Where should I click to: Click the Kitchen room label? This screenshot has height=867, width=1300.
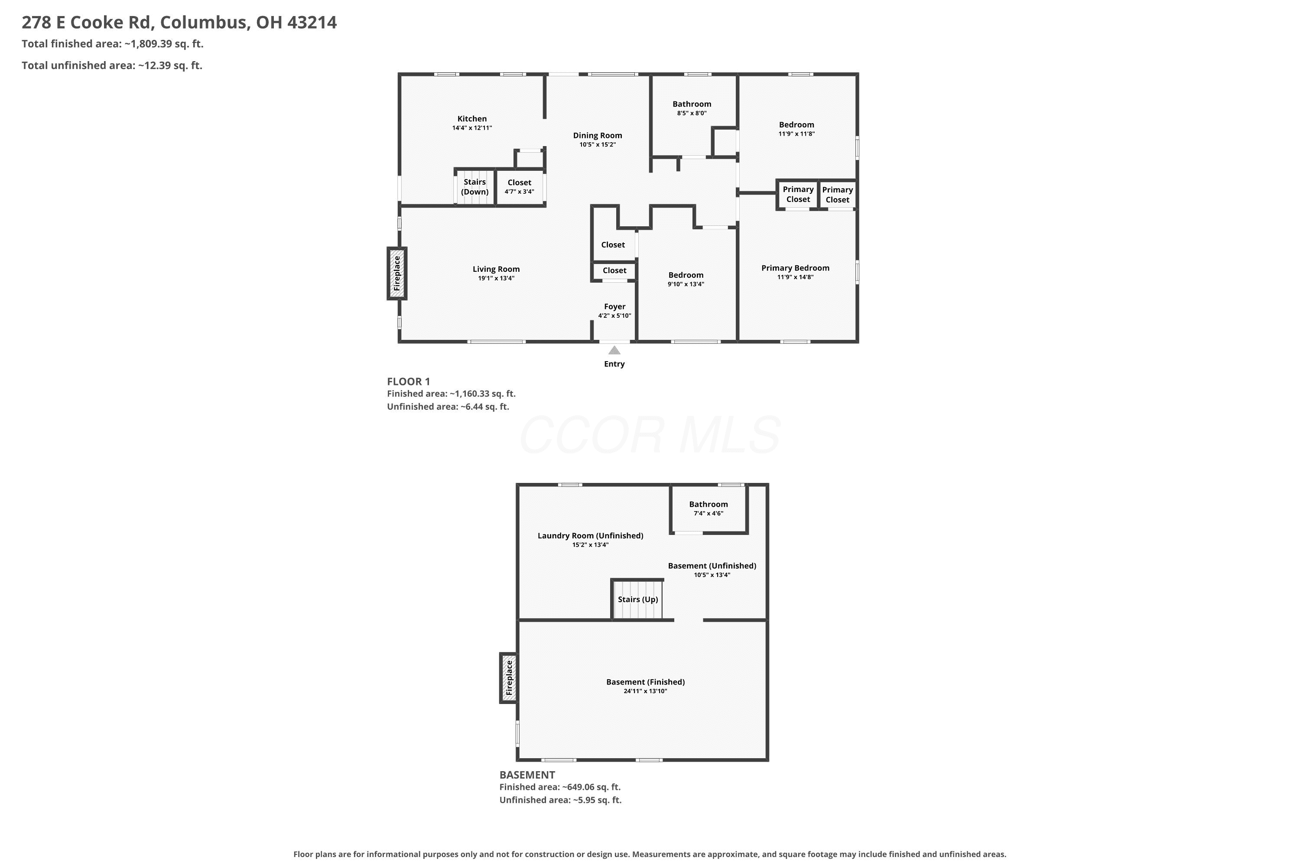pyautogui.click(x=472, y=119)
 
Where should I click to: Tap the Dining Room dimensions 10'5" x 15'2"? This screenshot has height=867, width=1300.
pyautogui.click(x=598, y=145)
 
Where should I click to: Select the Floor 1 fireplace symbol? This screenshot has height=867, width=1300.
pyautogui.click(x=397, y=274)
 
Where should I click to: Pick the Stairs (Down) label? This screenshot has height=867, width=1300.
pyautogui.click(x=475, y=187)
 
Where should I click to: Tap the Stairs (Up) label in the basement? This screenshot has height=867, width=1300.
pyautogui.click(x=638, y=600)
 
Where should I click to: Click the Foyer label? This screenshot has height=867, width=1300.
pyautogui.click(x=614, y=307)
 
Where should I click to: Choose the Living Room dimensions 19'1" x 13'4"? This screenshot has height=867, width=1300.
pyautogui.click(x=496, y=279)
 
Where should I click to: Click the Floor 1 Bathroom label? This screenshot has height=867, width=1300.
pyautogui.click(x=692, y=104)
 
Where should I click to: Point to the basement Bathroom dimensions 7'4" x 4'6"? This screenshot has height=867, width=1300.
pyautogui.click(x=708, y=513)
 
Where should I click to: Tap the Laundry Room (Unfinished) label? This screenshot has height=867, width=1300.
pyautogui.click(x=590, y=536)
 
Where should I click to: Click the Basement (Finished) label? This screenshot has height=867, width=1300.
pyautogui.click(x=646, y=682)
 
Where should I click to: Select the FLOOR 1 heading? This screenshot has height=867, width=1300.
pyautogui.click(x=409, y=381)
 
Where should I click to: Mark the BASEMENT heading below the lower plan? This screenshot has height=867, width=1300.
pyautogui.click(x=527, y=775)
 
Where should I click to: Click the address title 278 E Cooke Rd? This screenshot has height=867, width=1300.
pyautogui.click(x=88, y=23)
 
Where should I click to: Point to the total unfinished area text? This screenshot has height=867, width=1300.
pyautogui.click(x=112, y=66)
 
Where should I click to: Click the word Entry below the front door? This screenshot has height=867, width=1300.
pyautogui.click(x=614, y=364)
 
